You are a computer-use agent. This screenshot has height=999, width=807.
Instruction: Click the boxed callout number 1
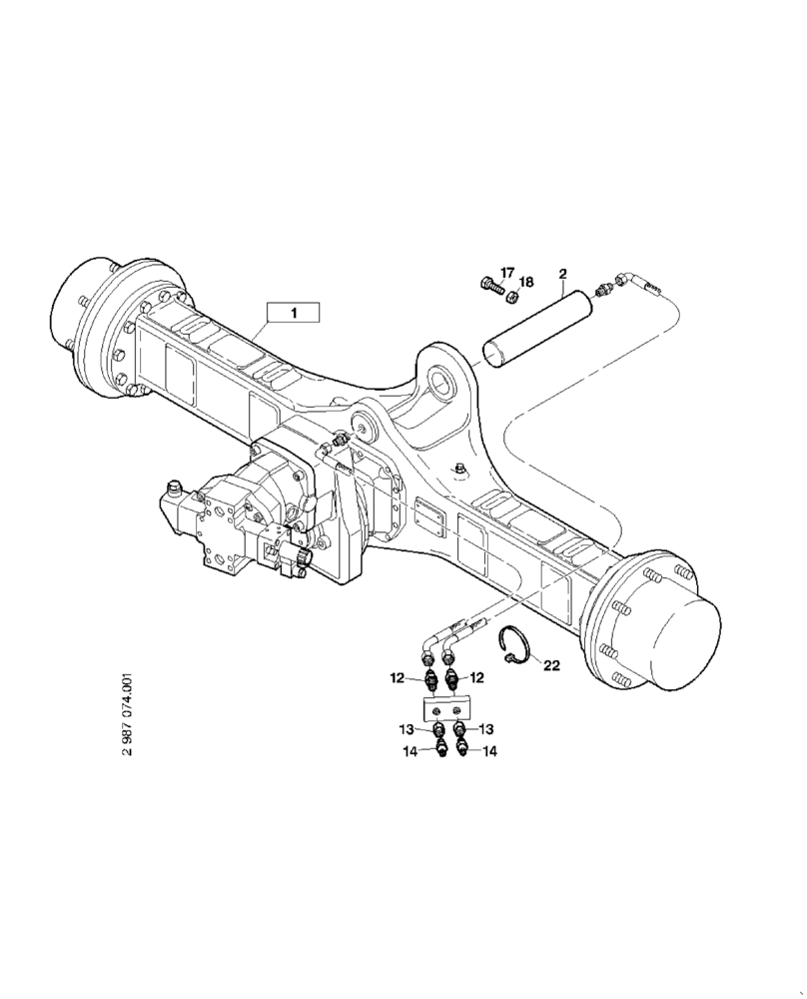(293, 313)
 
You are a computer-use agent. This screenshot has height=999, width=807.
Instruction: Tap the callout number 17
(507, 273)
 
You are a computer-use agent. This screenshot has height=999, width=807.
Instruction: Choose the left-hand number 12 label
(398, 678)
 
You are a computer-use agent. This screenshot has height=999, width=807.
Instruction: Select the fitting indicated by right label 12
(454, 679)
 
